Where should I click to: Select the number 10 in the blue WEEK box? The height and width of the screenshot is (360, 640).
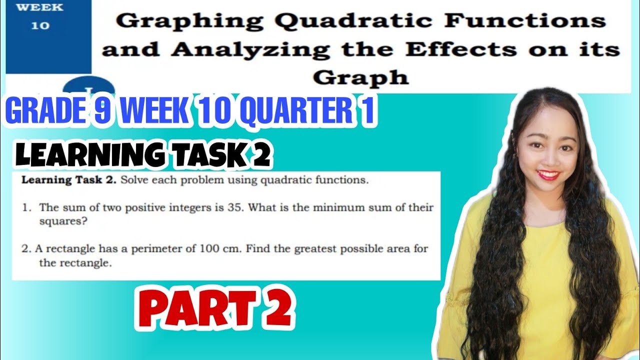(x=40, y=25)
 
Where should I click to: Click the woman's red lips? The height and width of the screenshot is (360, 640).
(x=549, y=174)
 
